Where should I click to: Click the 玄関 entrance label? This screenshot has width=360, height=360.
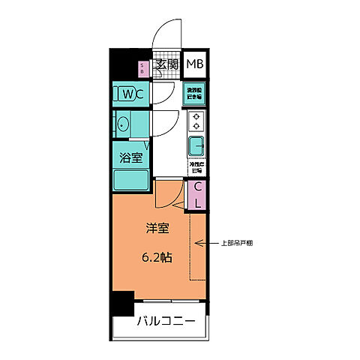click(167, 64)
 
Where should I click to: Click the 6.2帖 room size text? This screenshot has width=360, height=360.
click(157, 257)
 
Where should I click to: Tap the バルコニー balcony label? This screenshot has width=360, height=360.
click(166, 323)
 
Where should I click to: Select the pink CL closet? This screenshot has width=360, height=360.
click(197, 194)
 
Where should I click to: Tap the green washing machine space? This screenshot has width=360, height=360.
click(196, 94)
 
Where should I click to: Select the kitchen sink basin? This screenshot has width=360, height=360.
click(196, 144)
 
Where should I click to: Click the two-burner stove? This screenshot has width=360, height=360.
click(196, 121)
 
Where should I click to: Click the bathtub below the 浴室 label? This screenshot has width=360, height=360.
click(130, 180)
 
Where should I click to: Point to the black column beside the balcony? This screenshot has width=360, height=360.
click(121, 303)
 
